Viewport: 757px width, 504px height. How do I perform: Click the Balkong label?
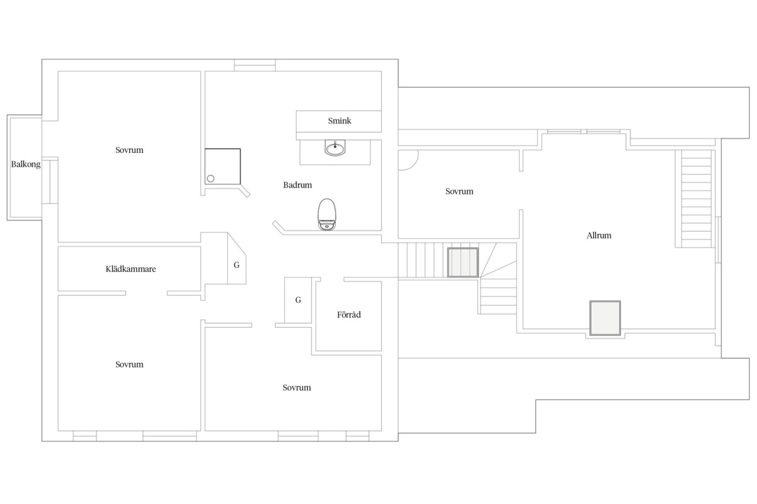[25, 165]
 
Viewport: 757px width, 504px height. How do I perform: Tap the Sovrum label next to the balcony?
[130, 150]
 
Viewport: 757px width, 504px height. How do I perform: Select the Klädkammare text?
[130, 269]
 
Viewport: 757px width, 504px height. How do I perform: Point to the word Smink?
[339, 121]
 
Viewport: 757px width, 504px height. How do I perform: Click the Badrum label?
[297, 185]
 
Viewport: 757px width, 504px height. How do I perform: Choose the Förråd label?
[348, 315]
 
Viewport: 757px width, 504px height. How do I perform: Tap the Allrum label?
[598, 236]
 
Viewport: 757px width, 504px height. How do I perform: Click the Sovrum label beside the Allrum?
[459, 191]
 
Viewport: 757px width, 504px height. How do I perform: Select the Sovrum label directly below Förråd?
[297, 388]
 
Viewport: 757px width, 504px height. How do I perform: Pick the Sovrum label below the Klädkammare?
[130, 364]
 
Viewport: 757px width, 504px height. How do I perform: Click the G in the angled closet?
[236, 265]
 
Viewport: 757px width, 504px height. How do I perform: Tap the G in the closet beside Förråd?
[298, 300]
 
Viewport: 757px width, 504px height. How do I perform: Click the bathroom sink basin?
[335, 149]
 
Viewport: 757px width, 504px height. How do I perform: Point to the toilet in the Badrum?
[326, 214]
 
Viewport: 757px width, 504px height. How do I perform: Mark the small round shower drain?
[211, 178]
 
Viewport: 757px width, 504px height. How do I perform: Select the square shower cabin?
[223, 167]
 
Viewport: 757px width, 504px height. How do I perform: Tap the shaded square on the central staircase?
[463, 262]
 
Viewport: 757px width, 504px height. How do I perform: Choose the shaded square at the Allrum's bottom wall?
[605, 318]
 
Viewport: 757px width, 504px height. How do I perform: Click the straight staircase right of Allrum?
[695, 198]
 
